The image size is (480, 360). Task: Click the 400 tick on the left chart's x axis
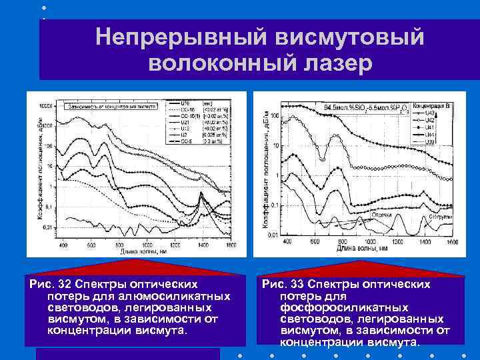[64, 245]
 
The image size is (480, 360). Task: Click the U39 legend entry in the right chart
[429, 141]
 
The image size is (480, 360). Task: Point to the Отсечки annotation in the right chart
[381, 214]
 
